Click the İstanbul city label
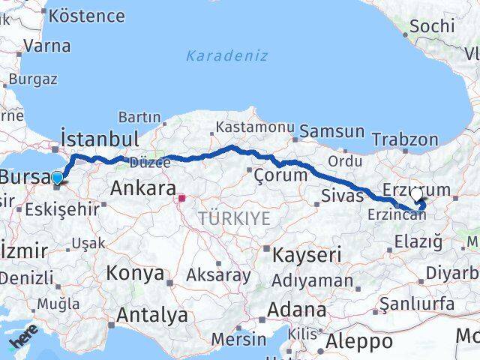pyautogui.click(x=100, y=139)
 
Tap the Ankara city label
pyautogui.click(x=143, y=188)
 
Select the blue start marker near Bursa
pyautogui.click(x=58, y=178)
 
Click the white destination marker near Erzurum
pyautogui.click(x=416, y=194)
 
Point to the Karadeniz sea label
pyautogui.click(x=226, y=55)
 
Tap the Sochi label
pyautogui.click(x=432, y=26)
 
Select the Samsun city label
pyautogui.click(x=332, y=132)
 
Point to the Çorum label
pyautogui.click(x=280, y=175)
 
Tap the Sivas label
pyautogui.click(x=341, y=196)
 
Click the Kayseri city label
pyautogui.click(x=306, y=254)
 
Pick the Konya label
pyautogui.click(x=135, y=273)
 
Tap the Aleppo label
pyautogui.click(x=361, y=342)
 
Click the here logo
pyautogui.click(x=23, y=340)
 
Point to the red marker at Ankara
pyautogui.click(x=181, y=199)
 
